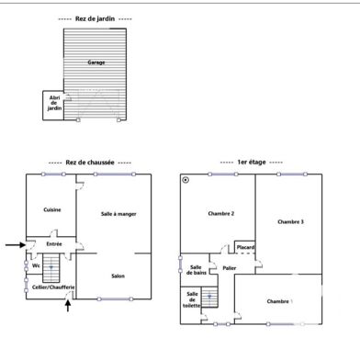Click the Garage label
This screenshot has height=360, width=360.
coord(95,62)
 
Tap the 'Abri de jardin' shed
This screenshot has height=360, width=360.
coord(54,105)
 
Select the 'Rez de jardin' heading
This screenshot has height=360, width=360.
coord(94,18)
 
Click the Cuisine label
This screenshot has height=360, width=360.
coord(52,209)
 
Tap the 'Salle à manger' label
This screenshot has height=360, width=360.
coord(118,213)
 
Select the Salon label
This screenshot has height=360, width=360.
coord(118,276)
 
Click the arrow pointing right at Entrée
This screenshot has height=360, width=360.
coord(13,244)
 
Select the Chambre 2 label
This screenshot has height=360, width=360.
coord(220,213)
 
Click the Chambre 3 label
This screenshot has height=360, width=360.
coord(290,221)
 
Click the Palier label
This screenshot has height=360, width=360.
coord(229,268)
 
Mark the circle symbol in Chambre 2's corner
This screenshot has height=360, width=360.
coord(186,180)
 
